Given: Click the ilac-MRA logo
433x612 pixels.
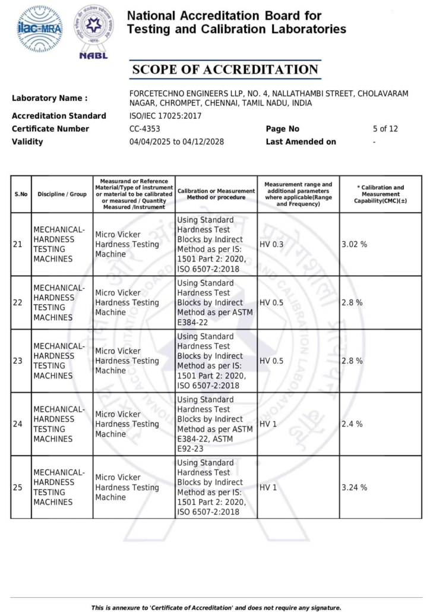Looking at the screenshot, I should point(40,29).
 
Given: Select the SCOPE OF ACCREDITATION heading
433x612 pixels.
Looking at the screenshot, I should point(225,70).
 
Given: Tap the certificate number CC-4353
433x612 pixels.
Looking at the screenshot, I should point(144,129).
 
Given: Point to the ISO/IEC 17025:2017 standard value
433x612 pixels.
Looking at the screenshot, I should point(165,116).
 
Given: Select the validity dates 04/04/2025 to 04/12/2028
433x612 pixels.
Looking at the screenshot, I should point(176,142).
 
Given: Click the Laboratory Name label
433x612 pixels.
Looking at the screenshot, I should point(49,99).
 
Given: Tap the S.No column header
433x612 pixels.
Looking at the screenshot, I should point(21,194).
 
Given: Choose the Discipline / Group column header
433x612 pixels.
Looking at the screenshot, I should point(62,194).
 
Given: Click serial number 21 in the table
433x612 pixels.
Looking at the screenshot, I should point(18,244).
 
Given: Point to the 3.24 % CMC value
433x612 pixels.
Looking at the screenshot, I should point(354,487).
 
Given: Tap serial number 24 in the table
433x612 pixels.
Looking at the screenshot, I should point(18,424).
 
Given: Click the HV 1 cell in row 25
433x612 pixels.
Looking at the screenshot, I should point(268,487).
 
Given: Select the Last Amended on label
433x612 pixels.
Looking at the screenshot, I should point(301,142).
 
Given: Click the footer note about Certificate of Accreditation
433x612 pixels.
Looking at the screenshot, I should point(216,608).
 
